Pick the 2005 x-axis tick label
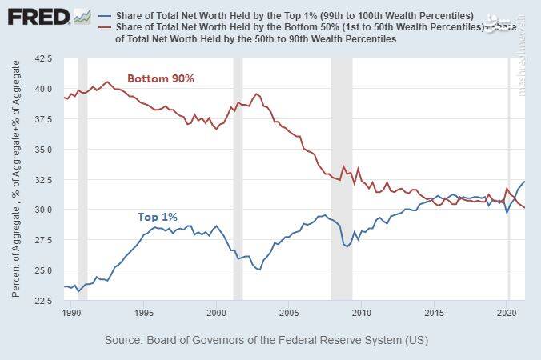click(289, 311)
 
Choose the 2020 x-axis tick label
click(507, 311)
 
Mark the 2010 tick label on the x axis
click(362, 311)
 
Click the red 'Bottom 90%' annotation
click(162, 78)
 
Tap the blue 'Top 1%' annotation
click(158, 217)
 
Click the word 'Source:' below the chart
click(126, 340)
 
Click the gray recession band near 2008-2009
click(342, 176)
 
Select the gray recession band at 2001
click(238, 176)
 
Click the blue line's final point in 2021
click(524, 182)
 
